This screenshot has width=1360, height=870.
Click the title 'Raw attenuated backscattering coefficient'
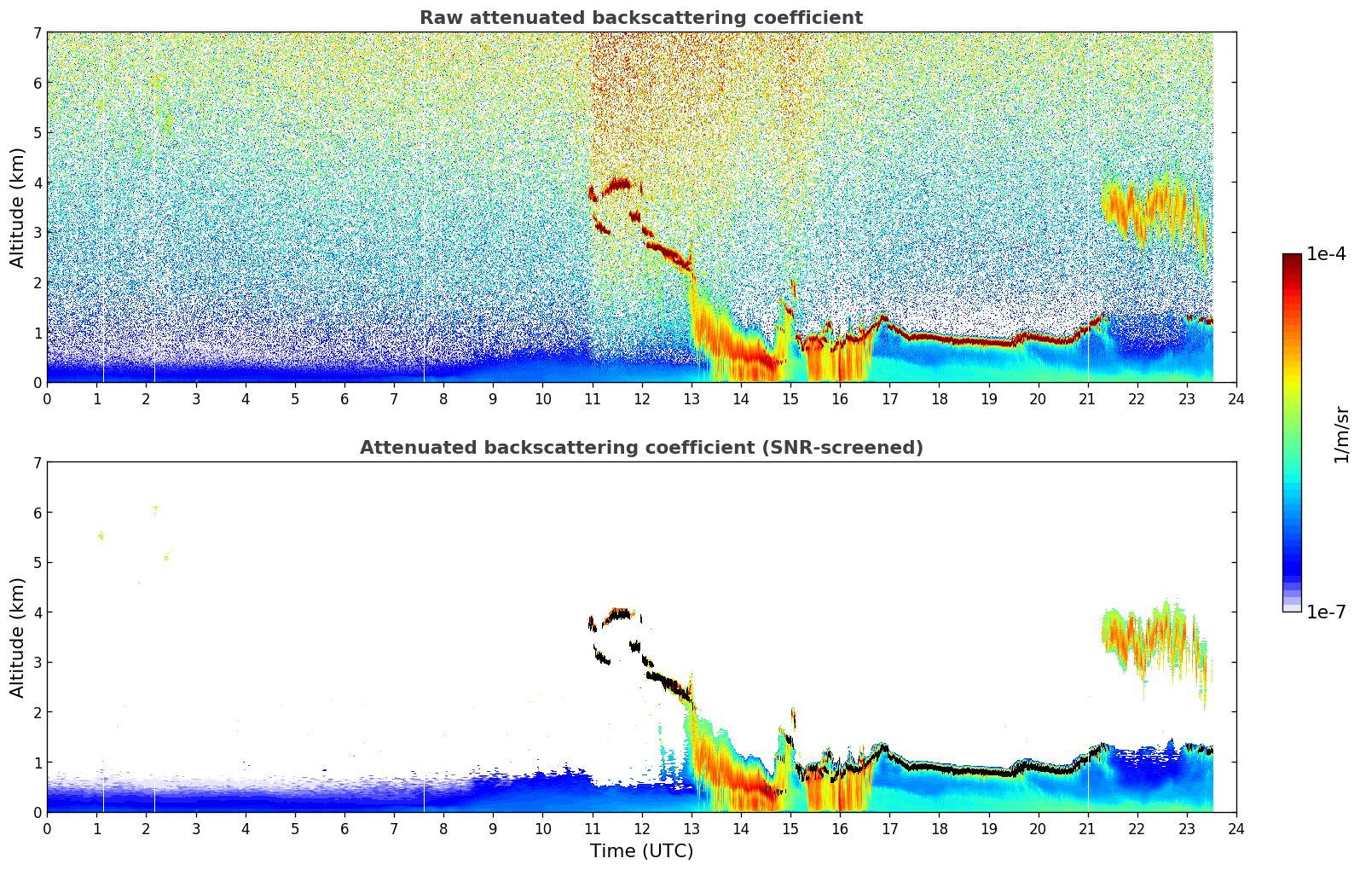pyautogui.click(x=640, y=18)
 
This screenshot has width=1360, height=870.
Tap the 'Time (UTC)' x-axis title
pyautogui.click(x=641, y=850)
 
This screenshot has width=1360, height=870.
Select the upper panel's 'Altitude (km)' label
pyautogui.click(x=18, y=207)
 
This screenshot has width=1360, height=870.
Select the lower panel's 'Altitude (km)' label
pyautogui.click(x=18, y=637)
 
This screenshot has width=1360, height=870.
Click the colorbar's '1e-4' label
pyautogui.click(x=1326, y=254)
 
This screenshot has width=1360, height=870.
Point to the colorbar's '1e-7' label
pyautogui.click(x=1326, y=612)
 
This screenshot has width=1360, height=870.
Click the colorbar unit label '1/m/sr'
pyautogui.click(x=1341, y=434)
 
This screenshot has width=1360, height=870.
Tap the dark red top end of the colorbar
pyautogui.click(x=1292, y=258)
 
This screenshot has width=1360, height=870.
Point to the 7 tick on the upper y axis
pyautogui.click(x=38, y=33)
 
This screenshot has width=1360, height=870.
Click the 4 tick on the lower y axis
pyautogui.click(x=38, y=612)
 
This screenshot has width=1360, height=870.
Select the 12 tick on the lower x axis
pyautogui.click(x=641, y=828)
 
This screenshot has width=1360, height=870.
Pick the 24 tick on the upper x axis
pyautogui.click(x=1236, y=398)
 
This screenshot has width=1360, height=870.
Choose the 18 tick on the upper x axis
pyautogui.click(x=939, y=398)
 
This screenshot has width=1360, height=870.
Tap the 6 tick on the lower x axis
pyautogui.click(x=344, y=828)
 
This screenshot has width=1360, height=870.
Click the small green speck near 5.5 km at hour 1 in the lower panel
pyautogui.click(x=101, y=536)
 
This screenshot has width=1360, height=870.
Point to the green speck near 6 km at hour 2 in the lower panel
pyautogui.click(x=155, y=509)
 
